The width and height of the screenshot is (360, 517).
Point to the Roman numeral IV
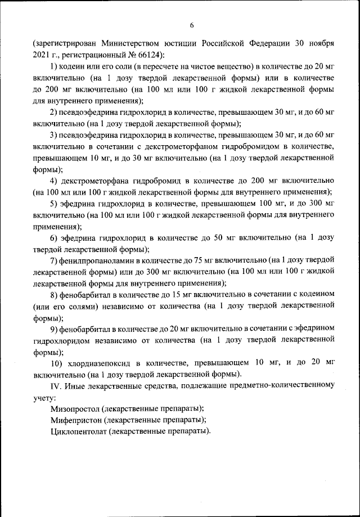click(x=55, y=386)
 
